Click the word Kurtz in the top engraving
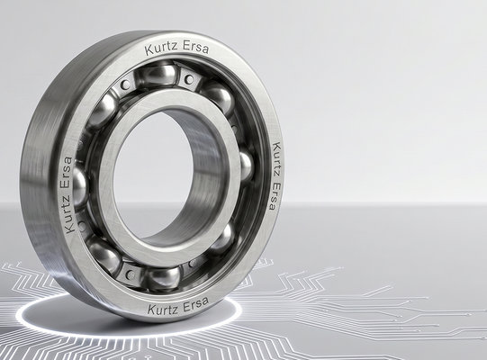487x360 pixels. tap(161, 49)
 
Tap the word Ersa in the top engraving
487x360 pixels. tap(195, 48)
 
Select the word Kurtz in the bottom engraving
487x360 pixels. tap(163, 309)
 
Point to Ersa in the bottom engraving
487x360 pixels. tap(195, 304)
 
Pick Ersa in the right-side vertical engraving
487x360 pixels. tap(274, 196)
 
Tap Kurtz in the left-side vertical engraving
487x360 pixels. tap(70, 213)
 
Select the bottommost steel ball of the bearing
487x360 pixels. tap(162, 278)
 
